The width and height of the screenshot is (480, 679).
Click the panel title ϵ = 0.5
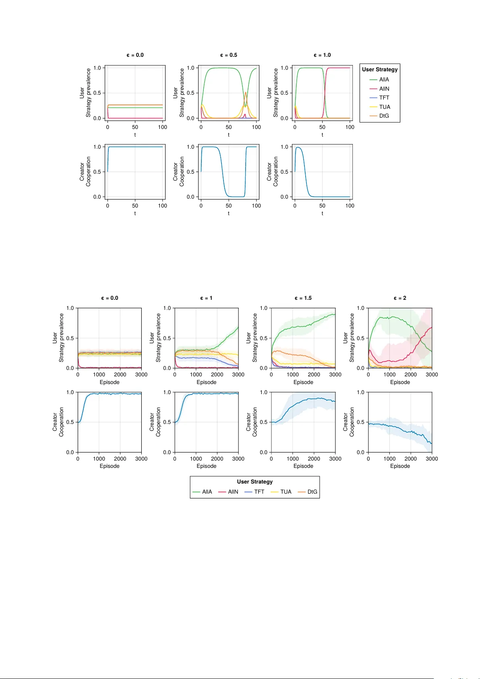(228, 55)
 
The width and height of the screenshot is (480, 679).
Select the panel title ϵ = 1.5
(303, 298)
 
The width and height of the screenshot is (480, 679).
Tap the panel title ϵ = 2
(400, 298)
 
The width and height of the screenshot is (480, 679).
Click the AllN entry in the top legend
(384, 89)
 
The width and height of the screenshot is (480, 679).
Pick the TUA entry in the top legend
(384, 107)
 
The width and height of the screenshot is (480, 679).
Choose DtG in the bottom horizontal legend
(312, 492)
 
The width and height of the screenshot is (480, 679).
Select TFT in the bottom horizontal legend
(259, 492)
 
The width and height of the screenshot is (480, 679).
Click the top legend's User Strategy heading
(380, 69)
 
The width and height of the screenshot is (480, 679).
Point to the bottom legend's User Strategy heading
(254, 482)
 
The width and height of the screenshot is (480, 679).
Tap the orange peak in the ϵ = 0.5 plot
(246, 93)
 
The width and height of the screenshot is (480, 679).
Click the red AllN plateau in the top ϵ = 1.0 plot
(338, 68)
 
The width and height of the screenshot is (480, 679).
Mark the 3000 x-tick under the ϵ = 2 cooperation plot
(432, 459)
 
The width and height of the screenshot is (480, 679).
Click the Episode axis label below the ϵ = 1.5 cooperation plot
(303, 466)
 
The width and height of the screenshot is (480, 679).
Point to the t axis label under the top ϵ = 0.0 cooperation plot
(135, 213)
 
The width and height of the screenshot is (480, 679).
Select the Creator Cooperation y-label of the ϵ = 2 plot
(349, 422)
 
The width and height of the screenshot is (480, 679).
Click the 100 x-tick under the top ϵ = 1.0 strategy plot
(350, 127)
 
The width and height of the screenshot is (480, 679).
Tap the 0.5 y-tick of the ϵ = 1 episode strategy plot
(167, 338)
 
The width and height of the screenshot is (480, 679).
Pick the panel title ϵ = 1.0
(322, 55)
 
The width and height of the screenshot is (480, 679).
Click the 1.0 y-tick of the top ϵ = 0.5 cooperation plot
(190, 147)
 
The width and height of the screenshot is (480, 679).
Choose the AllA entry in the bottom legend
(207, 492)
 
